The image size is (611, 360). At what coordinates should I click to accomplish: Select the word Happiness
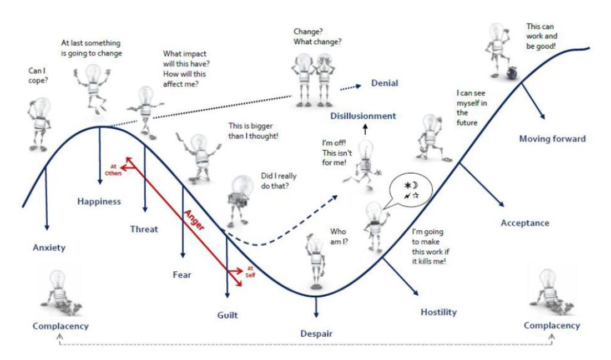coord(99,201)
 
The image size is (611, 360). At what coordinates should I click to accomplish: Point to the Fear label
coord(182,273)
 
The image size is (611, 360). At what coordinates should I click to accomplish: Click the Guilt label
coord(227,316)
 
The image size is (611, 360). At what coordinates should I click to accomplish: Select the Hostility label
coord(438,312)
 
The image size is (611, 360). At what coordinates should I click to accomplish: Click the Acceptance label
coord(524,223)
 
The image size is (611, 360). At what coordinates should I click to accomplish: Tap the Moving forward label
coord(552,139)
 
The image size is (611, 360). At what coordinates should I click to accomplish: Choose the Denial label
coord(383,83)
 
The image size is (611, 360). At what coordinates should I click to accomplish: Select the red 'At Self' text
coord(249,271)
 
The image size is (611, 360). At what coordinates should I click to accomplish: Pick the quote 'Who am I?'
coord(338,235)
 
